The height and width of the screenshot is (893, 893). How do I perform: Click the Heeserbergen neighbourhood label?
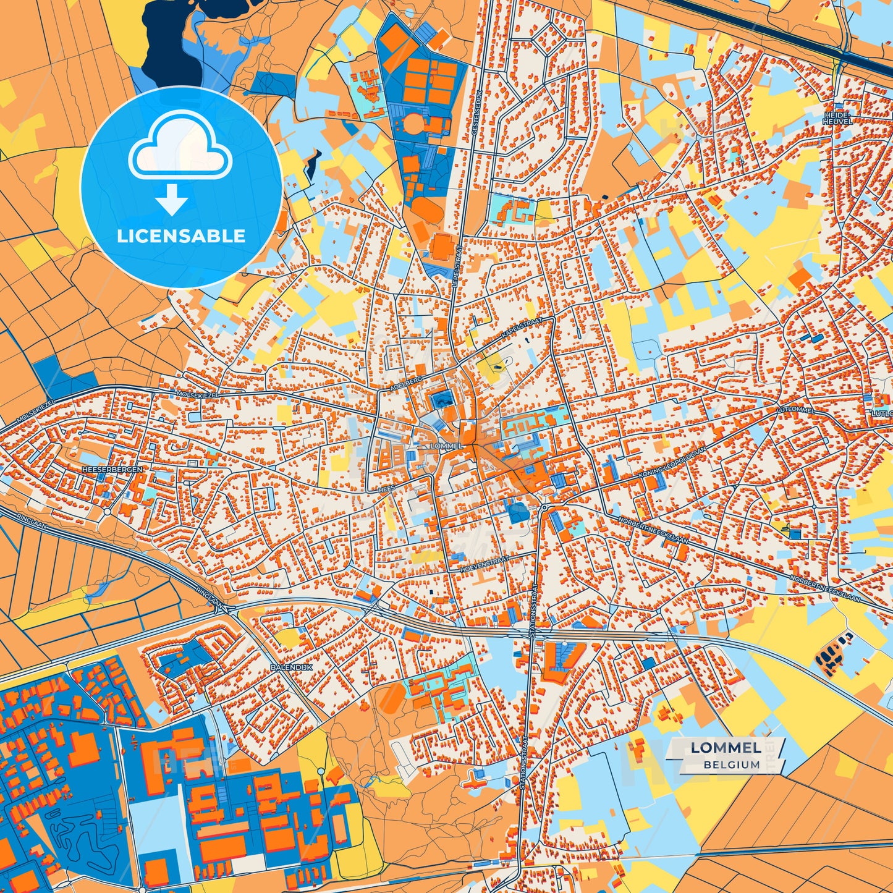click(112, 470)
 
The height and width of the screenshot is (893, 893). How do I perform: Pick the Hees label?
click(386, 488)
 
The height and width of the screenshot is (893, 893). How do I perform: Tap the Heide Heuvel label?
click(837, 118)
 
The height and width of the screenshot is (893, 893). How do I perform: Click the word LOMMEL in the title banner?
click(726, 748)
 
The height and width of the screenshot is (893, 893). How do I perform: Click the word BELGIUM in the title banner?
click(731, 764)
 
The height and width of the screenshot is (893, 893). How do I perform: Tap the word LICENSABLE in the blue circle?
click(181, 235)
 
